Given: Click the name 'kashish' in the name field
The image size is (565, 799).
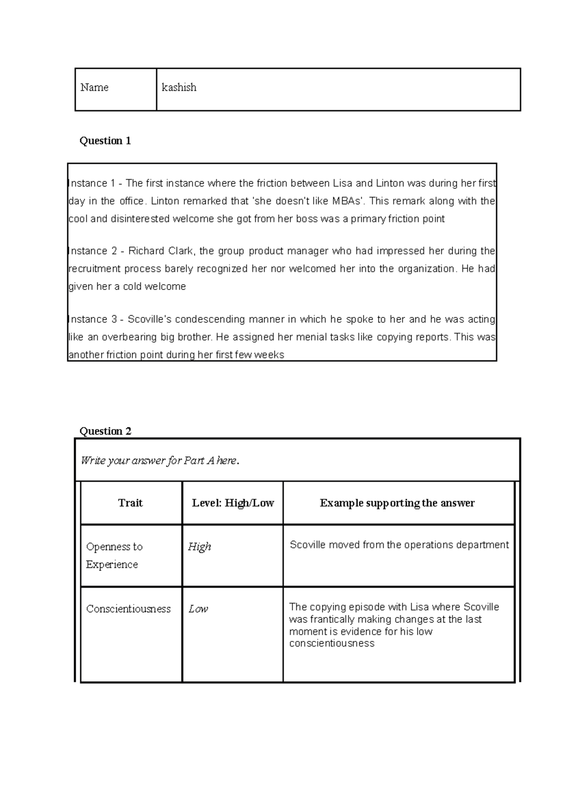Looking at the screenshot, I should point(179,88).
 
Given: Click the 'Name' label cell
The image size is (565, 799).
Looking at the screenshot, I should point(95,88).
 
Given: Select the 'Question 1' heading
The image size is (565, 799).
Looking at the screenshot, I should point(105,141).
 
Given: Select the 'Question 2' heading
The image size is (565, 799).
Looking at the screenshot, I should point(105,431).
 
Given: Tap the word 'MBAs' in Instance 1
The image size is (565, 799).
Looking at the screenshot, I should point(347,201).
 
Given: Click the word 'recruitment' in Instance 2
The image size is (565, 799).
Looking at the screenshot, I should point(95,269).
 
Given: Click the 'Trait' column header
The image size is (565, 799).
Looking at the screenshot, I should point(130,503).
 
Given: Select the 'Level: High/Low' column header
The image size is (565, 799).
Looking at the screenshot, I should point(233,503).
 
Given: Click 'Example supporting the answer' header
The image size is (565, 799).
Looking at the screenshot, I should point(397,503).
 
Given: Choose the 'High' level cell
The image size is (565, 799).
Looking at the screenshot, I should point(199,547).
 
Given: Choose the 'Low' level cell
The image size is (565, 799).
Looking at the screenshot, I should point(198,609).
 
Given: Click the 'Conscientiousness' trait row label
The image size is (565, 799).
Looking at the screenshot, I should point(128,609).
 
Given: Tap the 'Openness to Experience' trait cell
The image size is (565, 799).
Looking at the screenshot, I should point(114,555).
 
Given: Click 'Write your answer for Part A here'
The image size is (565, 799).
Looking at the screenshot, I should point(160,461).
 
